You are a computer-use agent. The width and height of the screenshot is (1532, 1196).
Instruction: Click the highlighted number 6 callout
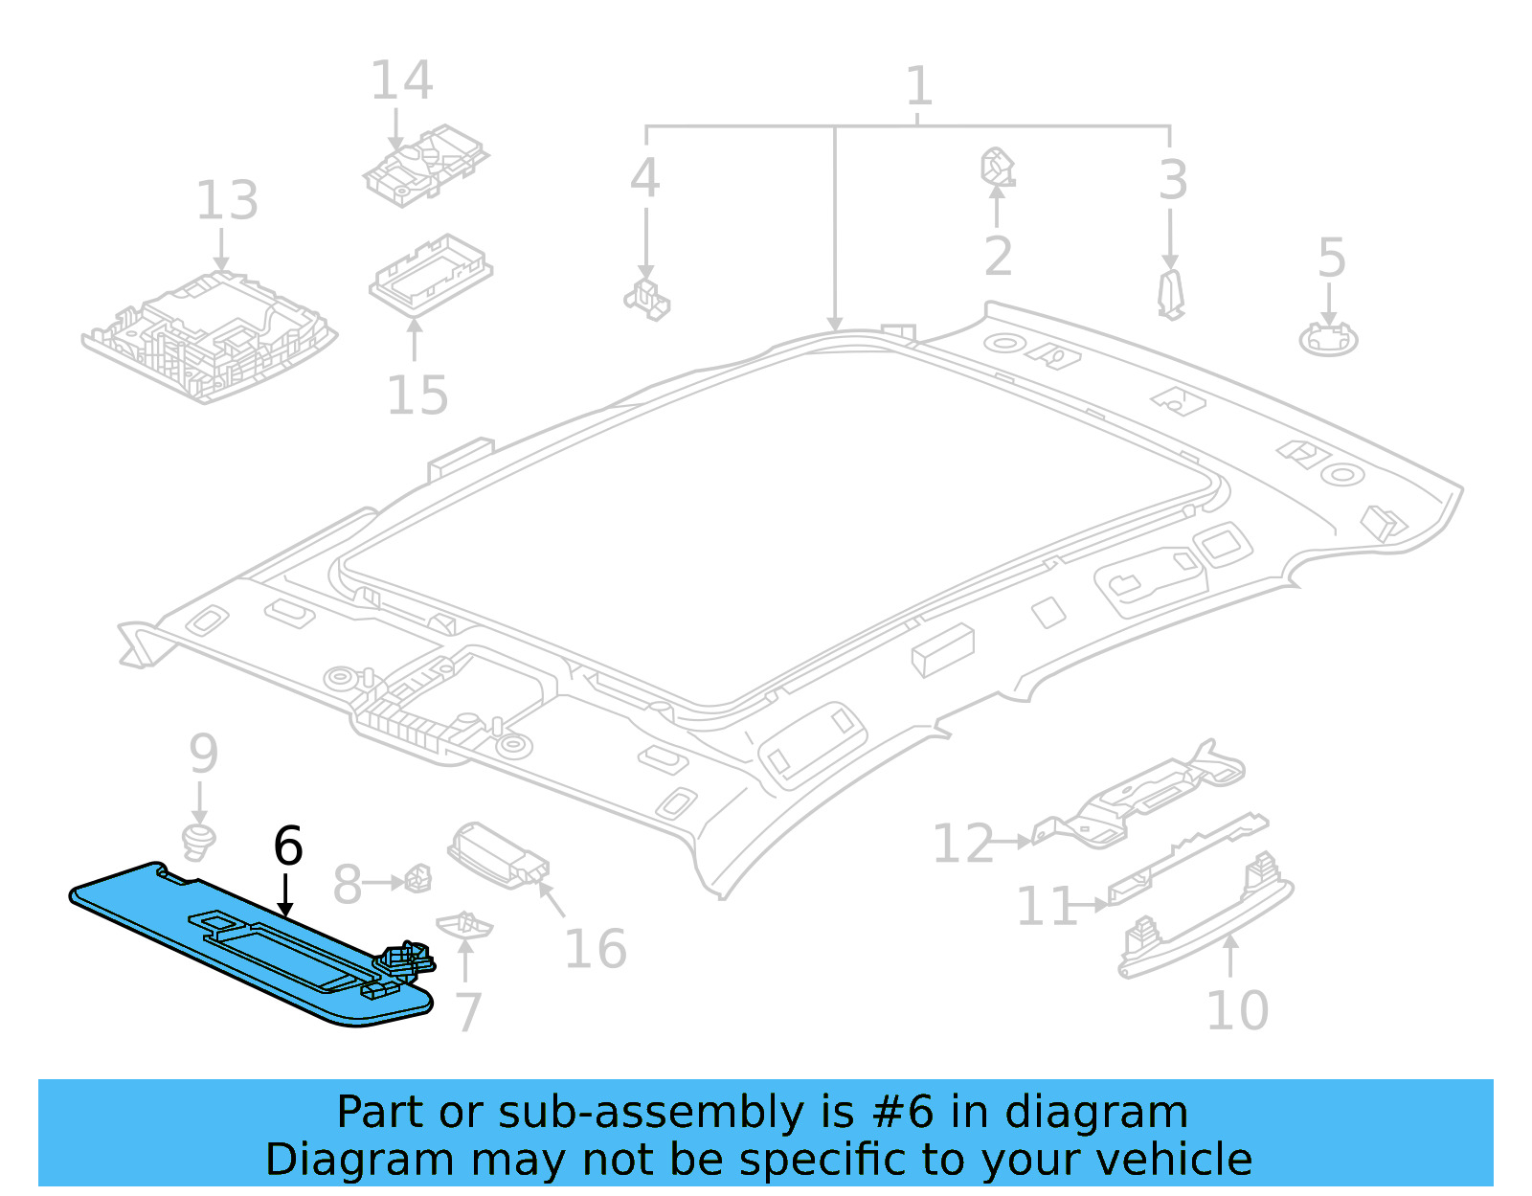pyautogui.click(x=287, y=846)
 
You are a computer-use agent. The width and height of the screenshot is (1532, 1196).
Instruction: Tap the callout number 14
pyautogui.click(x=401, y=80)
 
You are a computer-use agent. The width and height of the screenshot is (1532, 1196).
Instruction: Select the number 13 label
pyautogui.click(x=227, y=201)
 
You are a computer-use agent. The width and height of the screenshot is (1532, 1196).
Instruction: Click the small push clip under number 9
pyautogui.click(x=198, y=841)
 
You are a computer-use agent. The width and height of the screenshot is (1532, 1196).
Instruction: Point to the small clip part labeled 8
pyautogui.click(x=417, y=878)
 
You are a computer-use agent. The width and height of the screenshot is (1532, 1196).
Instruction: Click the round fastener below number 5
pyautogui.click(x=1328, y=339)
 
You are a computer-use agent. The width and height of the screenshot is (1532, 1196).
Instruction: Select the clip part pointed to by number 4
pyautogui.click(x=648, y=299)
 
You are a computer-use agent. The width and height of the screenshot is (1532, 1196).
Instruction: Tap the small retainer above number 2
pyautogui.click(x=996, y=167)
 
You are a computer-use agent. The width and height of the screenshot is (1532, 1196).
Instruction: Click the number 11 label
pyautogui.click(x=1046, y=906)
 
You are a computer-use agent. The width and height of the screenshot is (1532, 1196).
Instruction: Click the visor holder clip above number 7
pyautogui.click(x=464, y=925)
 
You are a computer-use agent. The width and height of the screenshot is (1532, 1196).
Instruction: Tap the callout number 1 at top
pyautogui.click(x=917, y=87)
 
